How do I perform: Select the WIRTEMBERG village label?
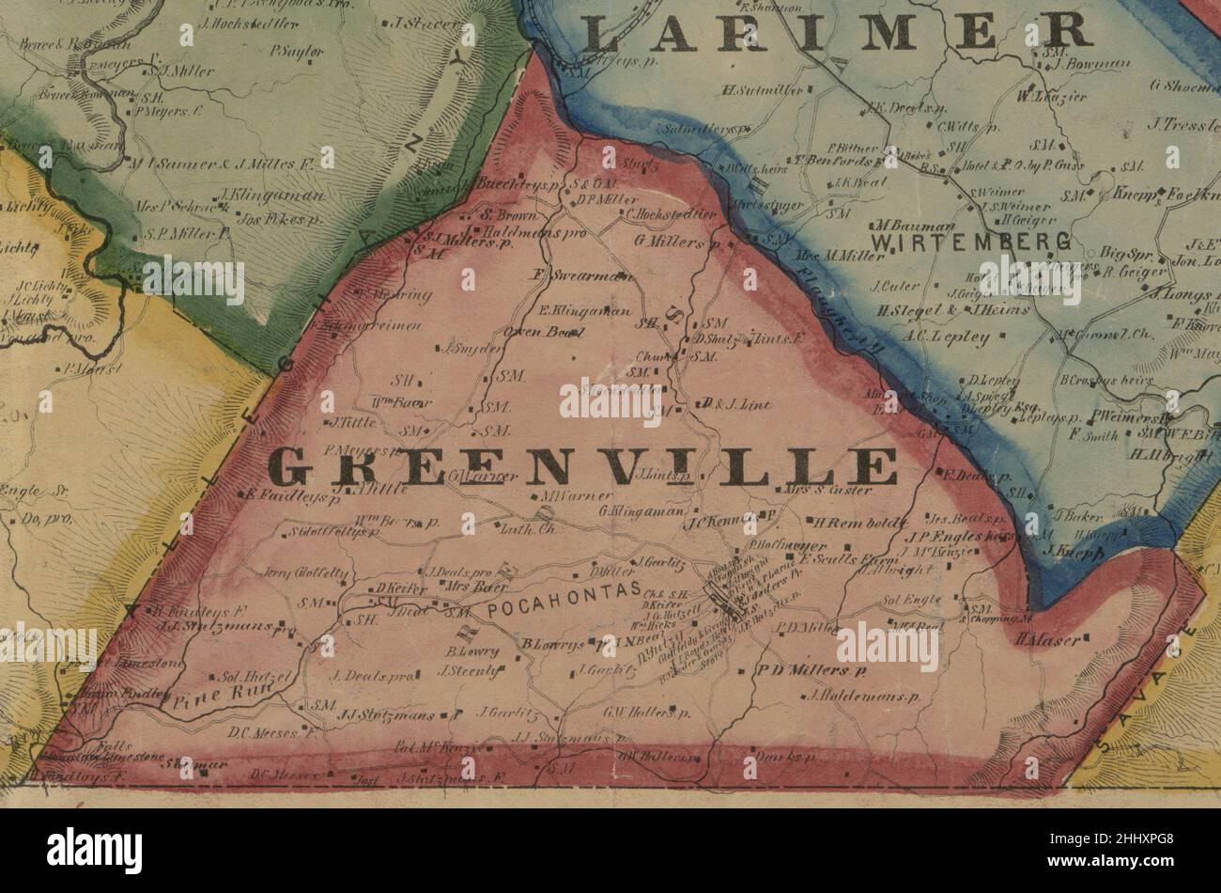[971, 243]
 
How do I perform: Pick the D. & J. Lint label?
[737, 405]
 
